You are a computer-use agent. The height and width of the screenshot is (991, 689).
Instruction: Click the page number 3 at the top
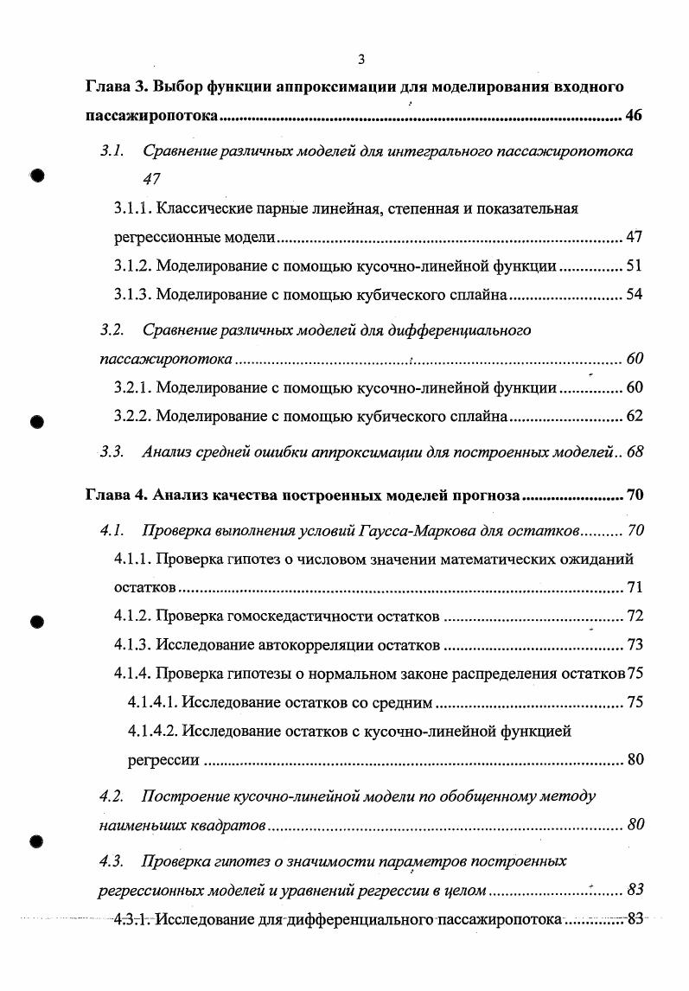point(361,59)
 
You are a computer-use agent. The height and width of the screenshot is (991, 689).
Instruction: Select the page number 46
point(634,117)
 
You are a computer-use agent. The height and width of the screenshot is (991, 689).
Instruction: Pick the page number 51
point(634,266)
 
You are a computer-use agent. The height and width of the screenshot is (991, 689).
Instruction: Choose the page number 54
point(634,295)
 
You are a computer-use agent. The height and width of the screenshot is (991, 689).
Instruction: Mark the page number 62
point(634,416)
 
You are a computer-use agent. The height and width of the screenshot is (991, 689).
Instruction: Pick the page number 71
point(635,588)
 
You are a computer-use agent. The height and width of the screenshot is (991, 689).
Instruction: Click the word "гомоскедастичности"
point(297,617)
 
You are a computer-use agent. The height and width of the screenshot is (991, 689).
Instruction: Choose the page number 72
point(635,617)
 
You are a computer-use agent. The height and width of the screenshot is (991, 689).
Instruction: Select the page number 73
point(635,645)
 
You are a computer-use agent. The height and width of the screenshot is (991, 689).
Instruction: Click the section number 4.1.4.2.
point(152,732)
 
